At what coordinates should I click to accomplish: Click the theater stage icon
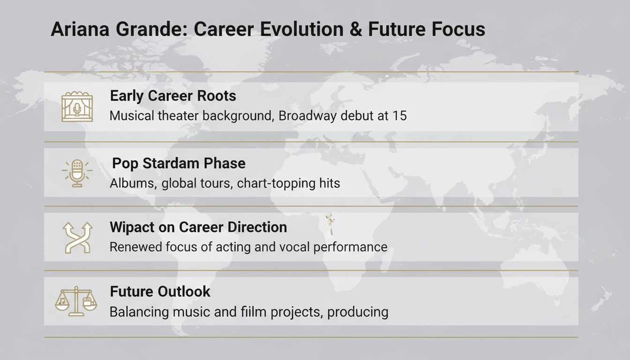(x=77, y=107)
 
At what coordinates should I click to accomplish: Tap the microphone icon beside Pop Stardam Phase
(x=77, y=172)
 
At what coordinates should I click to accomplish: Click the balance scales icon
(x=76, y=302)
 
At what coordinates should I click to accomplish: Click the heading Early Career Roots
(x=172, y=96)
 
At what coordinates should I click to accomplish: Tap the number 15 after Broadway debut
(x=399, y=116)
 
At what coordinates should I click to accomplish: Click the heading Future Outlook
(x=160, y=292)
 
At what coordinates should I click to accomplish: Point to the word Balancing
(x=141, y=312)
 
